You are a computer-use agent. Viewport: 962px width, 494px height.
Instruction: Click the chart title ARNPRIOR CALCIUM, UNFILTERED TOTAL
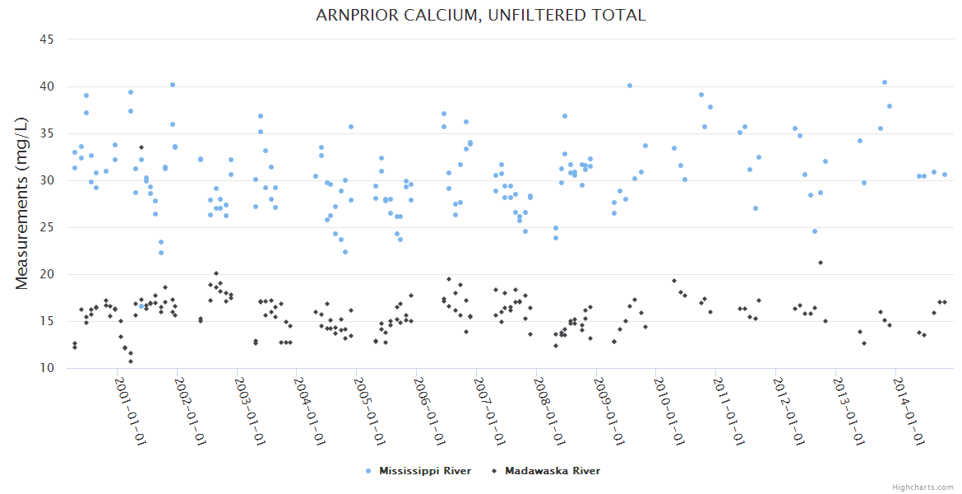point(481,15)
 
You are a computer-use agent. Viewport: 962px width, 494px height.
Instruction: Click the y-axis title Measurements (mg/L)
point(22,203)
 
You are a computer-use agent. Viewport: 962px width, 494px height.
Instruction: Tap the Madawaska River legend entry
point(552,471)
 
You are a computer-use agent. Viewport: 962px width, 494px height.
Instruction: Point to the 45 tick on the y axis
point(46,40)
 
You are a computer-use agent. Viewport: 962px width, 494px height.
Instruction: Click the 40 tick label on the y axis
point(46,86)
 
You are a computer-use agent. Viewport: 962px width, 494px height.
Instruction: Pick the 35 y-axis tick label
point(46,133)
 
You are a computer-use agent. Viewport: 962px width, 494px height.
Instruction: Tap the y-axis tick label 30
point(46,180)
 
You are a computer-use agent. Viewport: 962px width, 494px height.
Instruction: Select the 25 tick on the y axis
point(46,227)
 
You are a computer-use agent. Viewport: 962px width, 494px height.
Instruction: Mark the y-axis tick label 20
point(46,274)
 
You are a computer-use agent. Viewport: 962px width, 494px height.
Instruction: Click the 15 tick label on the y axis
point(46,321)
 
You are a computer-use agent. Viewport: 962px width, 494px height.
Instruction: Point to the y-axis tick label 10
point(46,368)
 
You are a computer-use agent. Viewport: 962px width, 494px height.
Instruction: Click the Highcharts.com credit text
point(923,487)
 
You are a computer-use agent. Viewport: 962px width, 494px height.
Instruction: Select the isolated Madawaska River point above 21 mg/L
point(821,263)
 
